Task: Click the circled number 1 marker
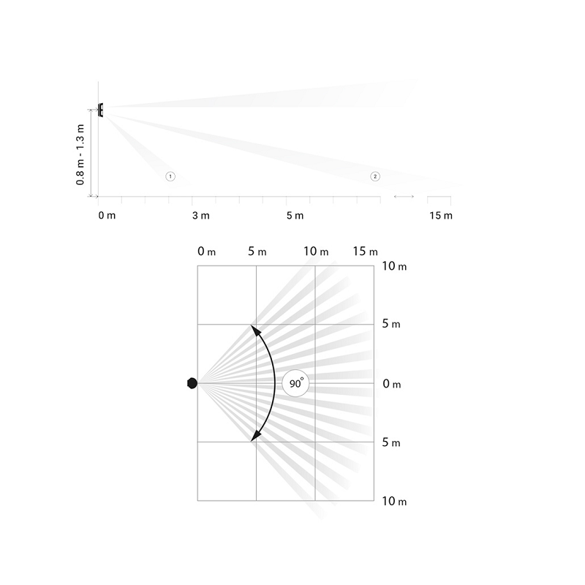tap(170, 176)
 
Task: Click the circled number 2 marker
tap(375, 176)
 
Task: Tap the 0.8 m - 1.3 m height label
tap(80, 154)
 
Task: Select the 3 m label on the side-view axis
tap(200, 216)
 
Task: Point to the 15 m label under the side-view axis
tap(441, 216)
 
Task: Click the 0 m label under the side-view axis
tap(107, 216)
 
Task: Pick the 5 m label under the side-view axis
tap(295, 216)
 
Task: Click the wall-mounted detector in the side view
tap(100, 110)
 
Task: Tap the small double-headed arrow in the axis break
tap(404, 196)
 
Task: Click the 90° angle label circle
tap(295, 383)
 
